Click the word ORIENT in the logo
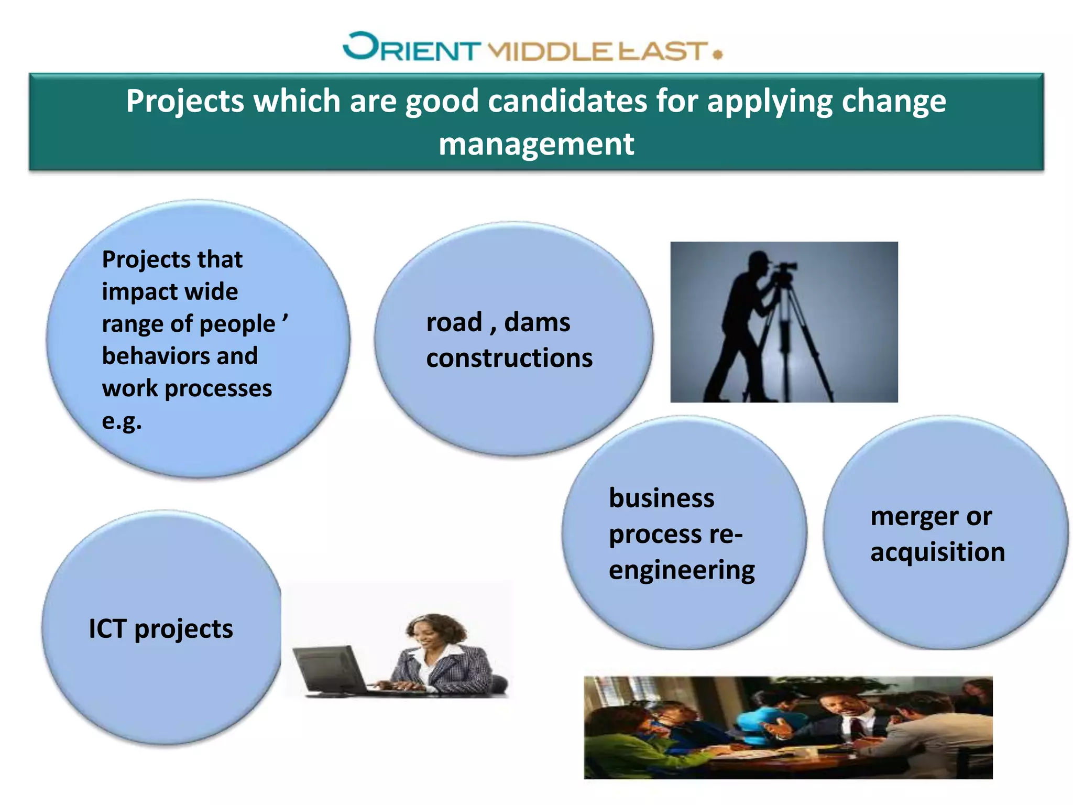click(411, 48)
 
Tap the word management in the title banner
click(536, 144)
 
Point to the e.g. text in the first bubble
click(122, 421)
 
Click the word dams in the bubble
click(536, 322)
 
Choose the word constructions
click(509, 358)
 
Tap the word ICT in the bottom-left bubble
click(107, 628)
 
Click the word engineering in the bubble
click(681, 570)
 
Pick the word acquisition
click(937, 552)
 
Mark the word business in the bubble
click(661, 498)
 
